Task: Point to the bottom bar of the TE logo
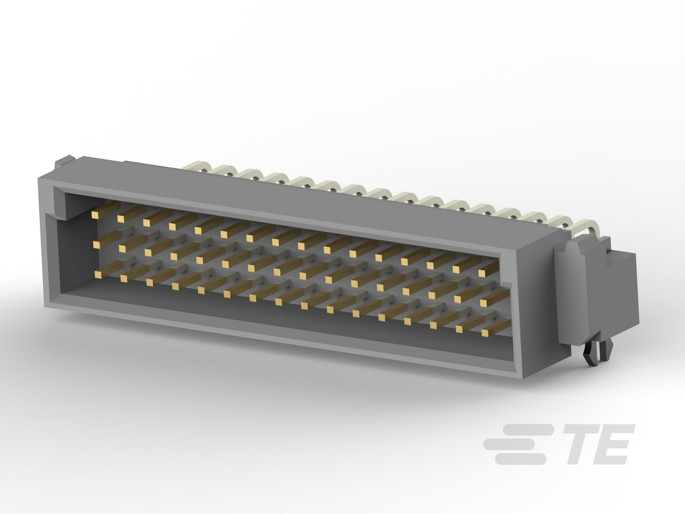pyautogui.click(x=521, y=459)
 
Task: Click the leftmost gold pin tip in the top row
pyautogui.click(x=95, y=214)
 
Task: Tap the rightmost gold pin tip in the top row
pyautogui.click(x=482, y=274)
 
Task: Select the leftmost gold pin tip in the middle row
pyautogui.click(x=96, y=245)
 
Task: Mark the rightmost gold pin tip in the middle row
pyautogui.click(x=483, y=303)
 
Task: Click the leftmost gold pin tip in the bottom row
pyautogui.click(x=98, y=275)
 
